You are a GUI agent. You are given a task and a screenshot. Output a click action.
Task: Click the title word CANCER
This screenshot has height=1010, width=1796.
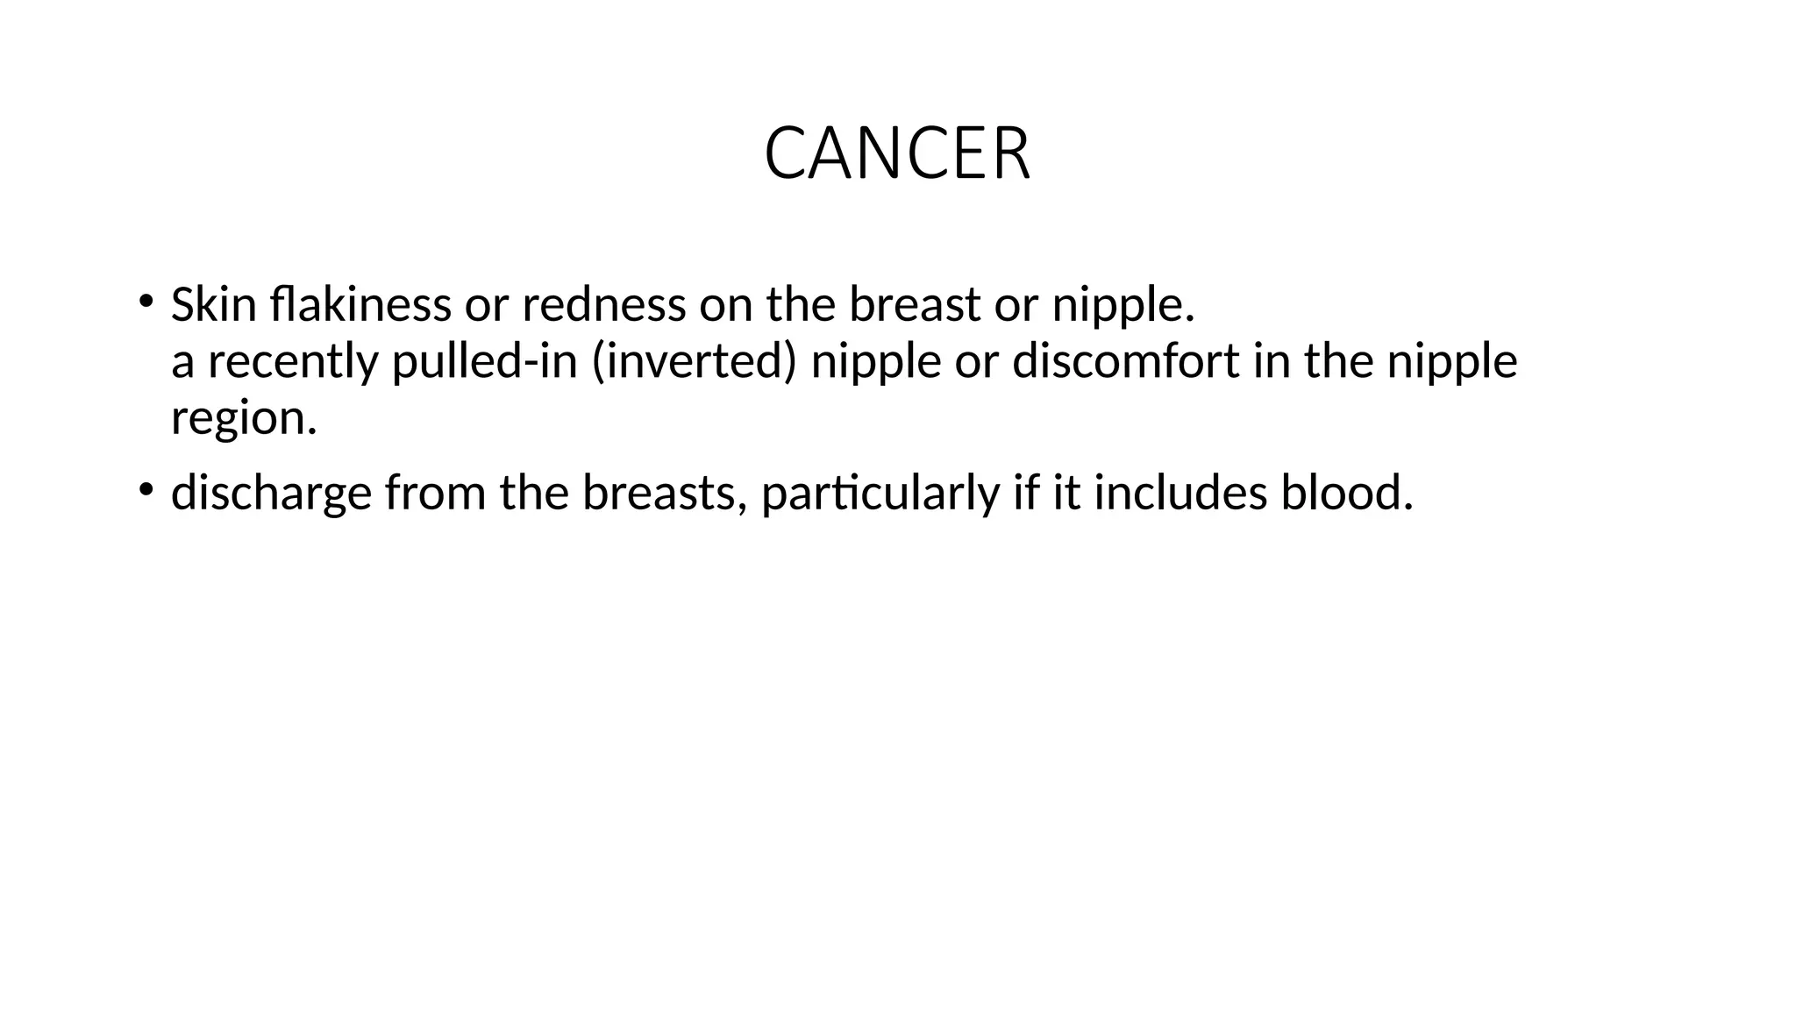coord(897,154)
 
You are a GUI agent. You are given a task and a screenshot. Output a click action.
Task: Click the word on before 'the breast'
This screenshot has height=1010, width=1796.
coord(725,305)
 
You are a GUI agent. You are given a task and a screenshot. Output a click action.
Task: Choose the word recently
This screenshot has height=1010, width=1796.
coord(293,361)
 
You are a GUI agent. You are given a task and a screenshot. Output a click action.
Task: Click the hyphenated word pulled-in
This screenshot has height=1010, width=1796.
coord(484,361)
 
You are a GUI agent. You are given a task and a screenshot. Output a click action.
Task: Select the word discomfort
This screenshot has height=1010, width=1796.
coord(1126,361)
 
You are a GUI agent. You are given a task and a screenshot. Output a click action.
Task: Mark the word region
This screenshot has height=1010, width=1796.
coord(243,417)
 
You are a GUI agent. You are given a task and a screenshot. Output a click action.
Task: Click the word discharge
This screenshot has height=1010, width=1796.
coord(271,493)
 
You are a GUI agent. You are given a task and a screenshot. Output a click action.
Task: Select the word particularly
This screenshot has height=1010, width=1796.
coord(880,493)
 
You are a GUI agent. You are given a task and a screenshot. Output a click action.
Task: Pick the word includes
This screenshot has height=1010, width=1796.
coord(1180,493)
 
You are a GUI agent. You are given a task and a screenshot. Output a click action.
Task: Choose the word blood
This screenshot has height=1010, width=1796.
coord(1346,493)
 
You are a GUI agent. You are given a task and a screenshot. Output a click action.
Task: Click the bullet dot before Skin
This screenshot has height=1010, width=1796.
coord(145,301)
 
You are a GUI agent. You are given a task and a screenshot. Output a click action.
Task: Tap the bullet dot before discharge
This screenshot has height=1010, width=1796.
coord(145,488)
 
